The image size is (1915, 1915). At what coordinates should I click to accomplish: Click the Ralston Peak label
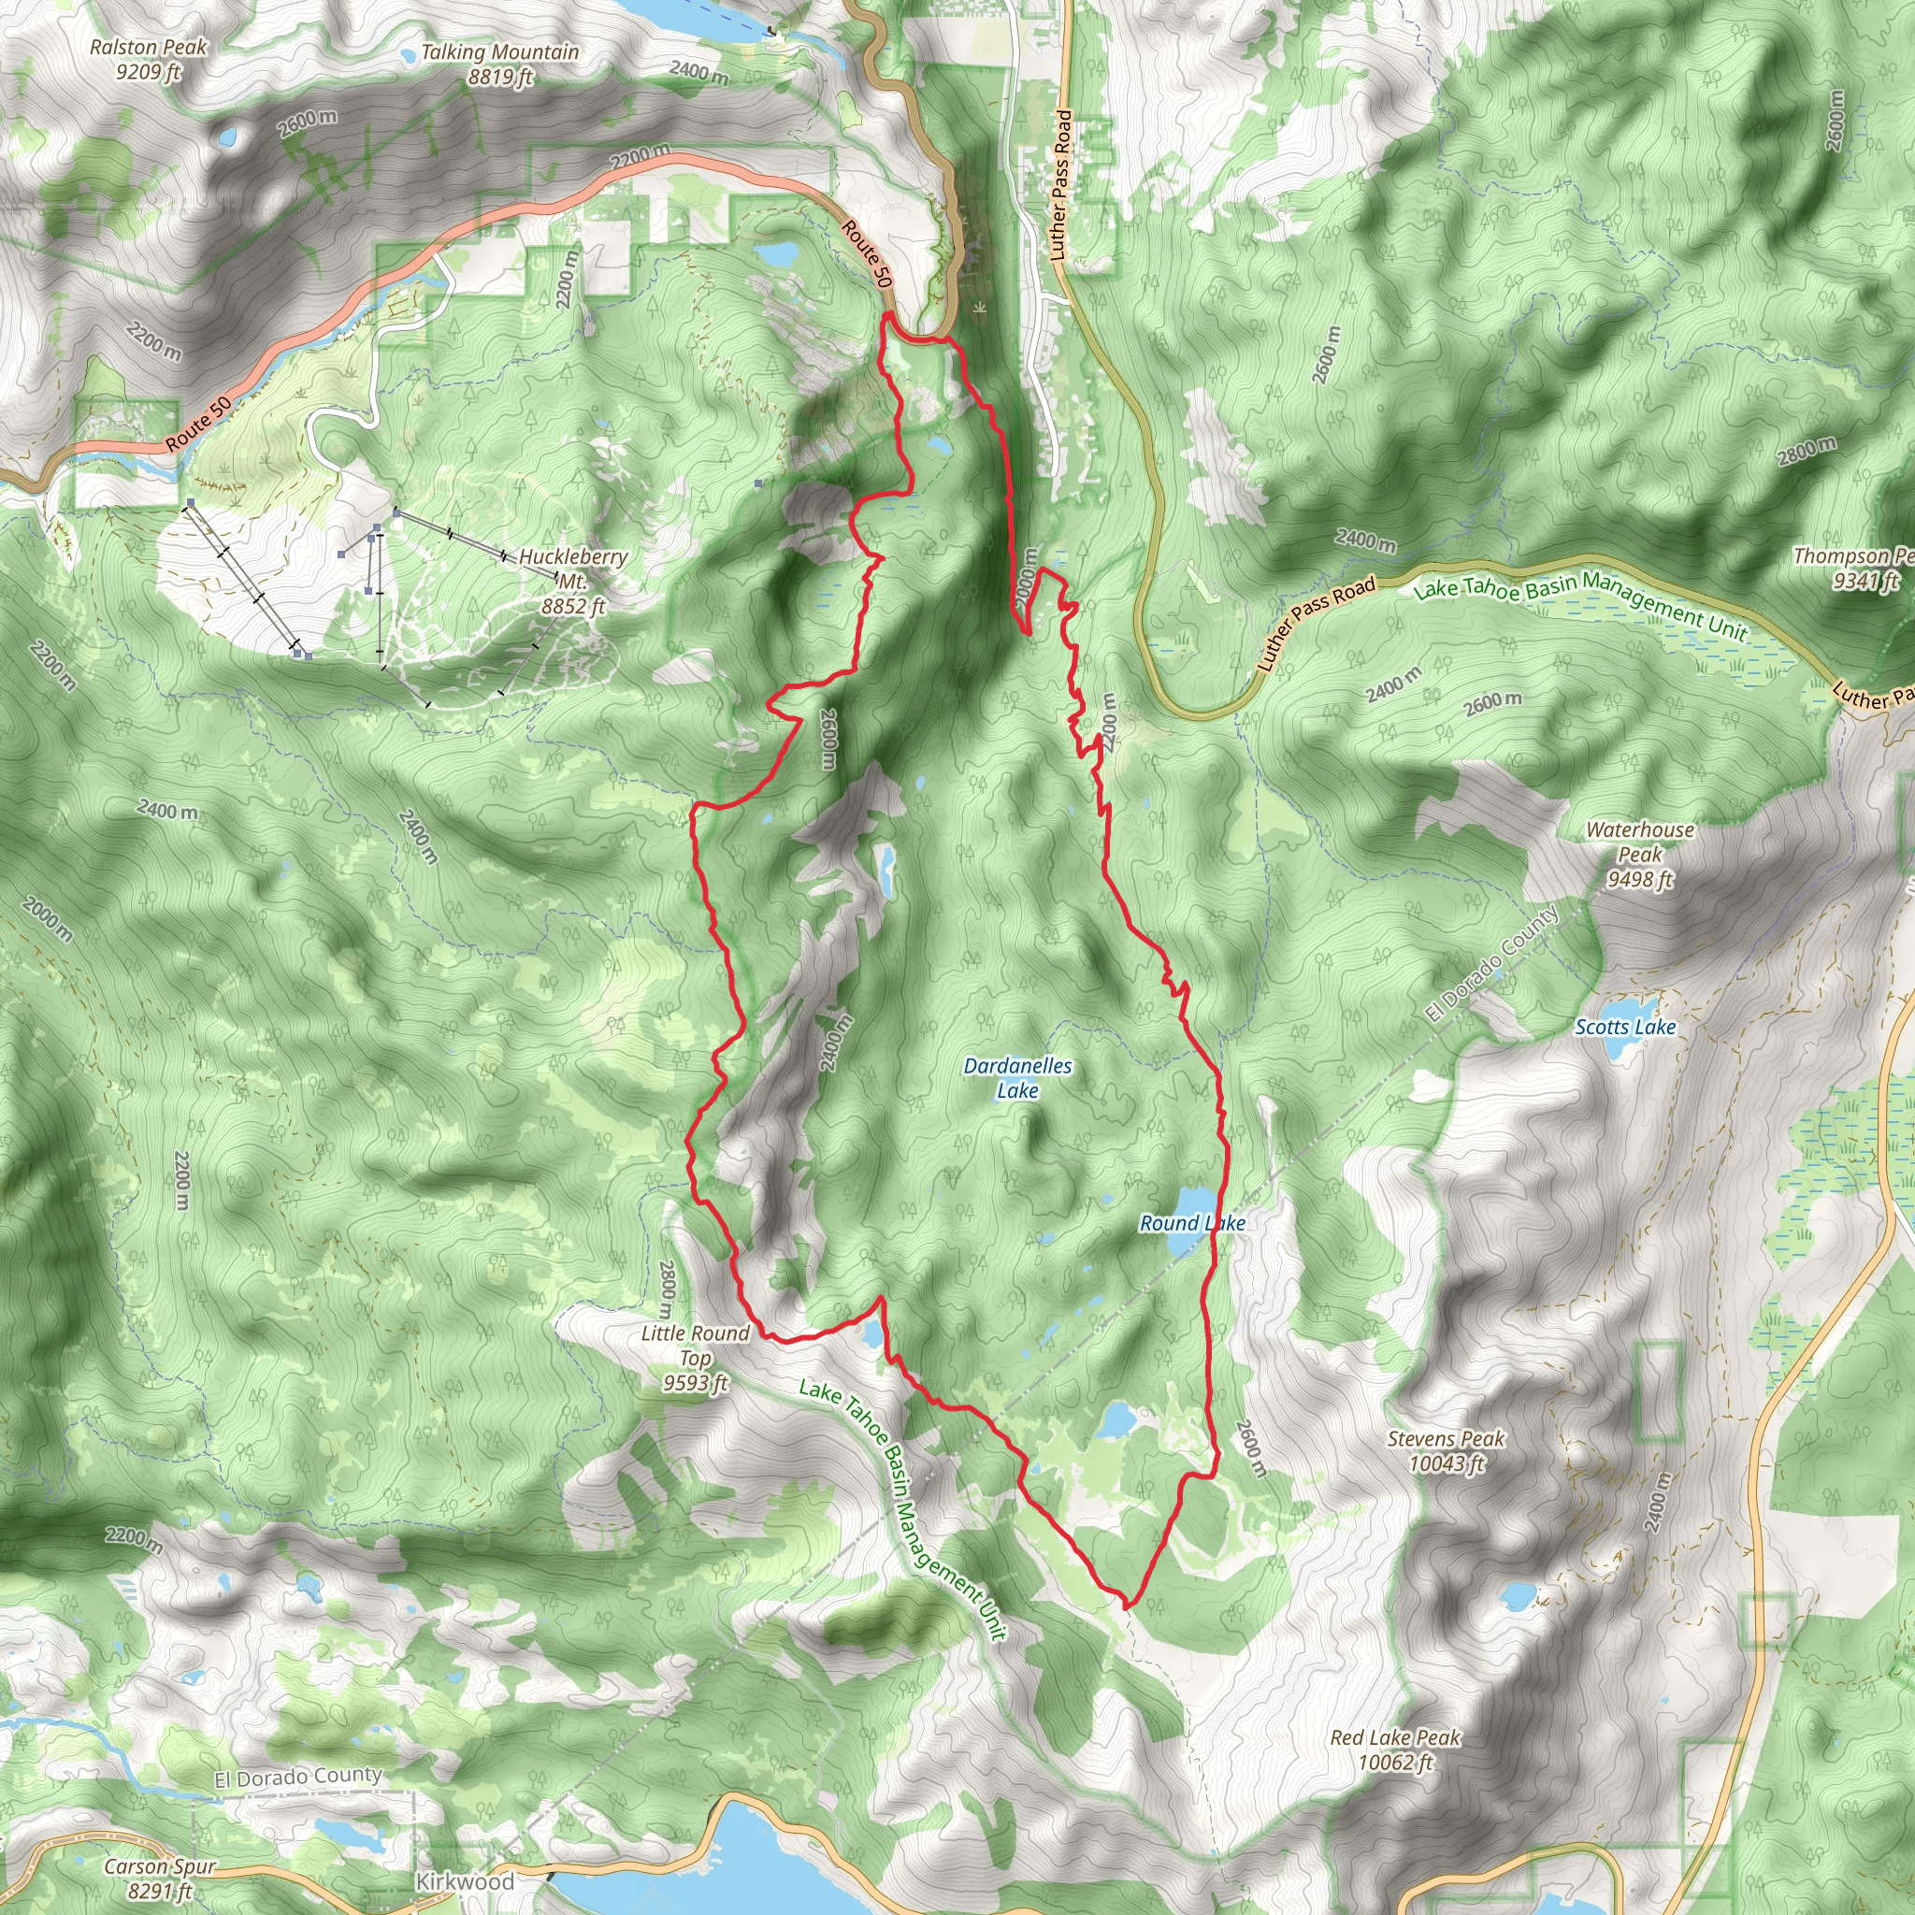tap(149, 59)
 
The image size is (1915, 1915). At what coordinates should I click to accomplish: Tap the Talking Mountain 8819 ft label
tap(499, 64)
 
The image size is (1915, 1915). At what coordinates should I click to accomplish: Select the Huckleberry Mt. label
tap(573, 580)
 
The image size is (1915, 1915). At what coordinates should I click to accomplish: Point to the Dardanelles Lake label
tap(1017, 1077)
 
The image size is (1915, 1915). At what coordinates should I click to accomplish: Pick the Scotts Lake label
tap(1624, 1027)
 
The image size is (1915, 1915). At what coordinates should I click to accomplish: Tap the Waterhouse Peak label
tap(1639, 854)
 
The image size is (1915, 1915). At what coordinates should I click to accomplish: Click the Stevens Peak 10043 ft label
tap(1446, 1450)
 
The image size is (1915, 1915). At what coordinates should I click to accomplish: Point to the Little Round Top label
tap(695, 1357)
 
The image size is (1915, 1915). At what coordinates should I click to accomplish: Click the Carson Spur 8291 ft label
tap(160, 1879)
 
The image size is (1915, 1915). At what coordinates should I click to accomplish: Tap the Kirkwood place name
tap(464, 1880)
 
